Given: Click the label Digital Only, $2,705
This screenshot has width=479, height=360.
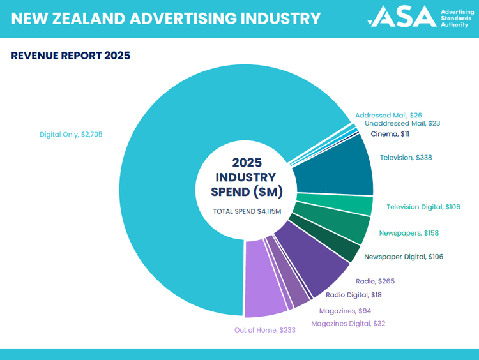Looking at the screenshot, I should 71,135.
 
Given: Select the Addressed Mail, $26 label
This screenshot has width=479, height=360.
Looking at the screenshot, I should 388,115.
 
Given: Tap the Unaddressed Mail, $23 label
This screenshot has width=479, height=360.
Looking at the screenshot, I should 402,123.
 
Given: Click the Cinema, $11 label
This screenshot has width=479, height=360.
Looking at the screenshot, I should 390,134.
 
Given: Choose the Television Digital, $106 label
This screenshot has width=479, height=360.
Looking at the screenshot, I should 423,207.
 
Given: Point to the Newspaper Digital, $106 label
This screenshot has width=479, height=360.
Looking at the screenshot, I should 404,257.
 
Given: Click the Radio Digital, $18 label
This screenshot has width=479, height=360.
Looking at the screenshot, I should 354,295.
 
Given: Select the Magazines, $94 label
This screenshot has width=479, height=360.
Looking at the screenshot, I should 345,311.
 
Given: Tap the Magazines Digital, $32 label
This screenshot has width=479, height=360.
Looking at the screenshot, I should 348,324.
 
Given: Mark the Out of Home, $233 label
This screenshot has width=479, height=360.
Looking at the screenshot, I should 265,330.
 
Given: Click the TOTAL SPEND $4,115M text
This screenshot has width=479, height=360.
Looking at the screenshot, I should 247,211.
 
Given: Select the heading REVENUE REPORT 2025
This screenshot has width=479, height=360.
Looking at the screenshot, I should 71,56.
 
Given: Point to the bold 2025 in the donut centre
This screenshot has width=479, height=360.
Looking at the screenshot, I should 247,163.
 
